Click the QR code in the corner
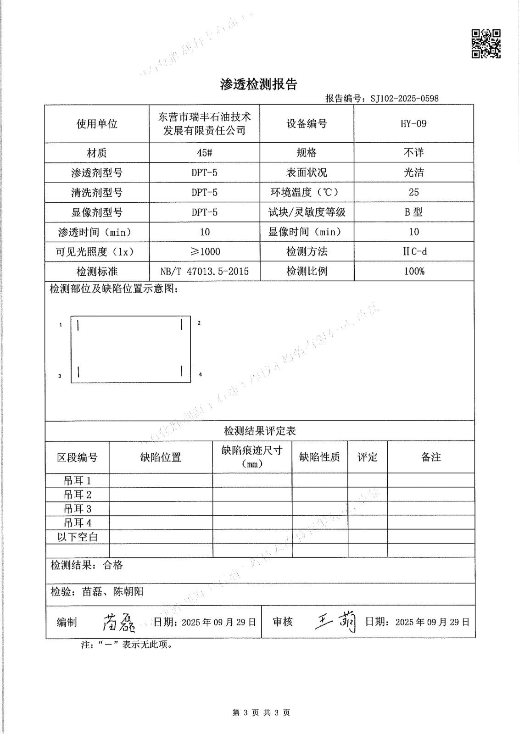(486, 44)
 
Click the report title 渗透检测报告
(259, 84)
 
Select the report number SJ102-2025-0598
(404, 98)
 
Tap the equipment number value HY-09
(413, 123)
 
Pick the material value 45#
(204, 153)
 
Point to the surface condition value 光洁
(413, 172)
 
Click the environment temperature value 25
(413, 192)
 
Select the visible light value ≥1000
(205, 251)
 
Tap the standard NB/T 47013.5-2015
(205, 271)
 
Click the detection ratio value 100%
(414, 271)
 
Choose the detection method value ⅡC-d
(414, 251)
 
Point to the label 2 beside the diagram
(199, 323)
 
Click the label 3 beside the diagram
(60, 376)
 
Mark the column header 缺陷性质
(319, 457)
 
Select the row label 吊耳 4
(78, 523)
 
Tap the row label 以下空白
(78, 537)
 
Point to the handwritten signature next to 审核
(336, 622)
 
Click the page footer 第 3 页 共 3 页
(261, 712)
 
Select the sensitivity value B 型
(413, 212)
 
